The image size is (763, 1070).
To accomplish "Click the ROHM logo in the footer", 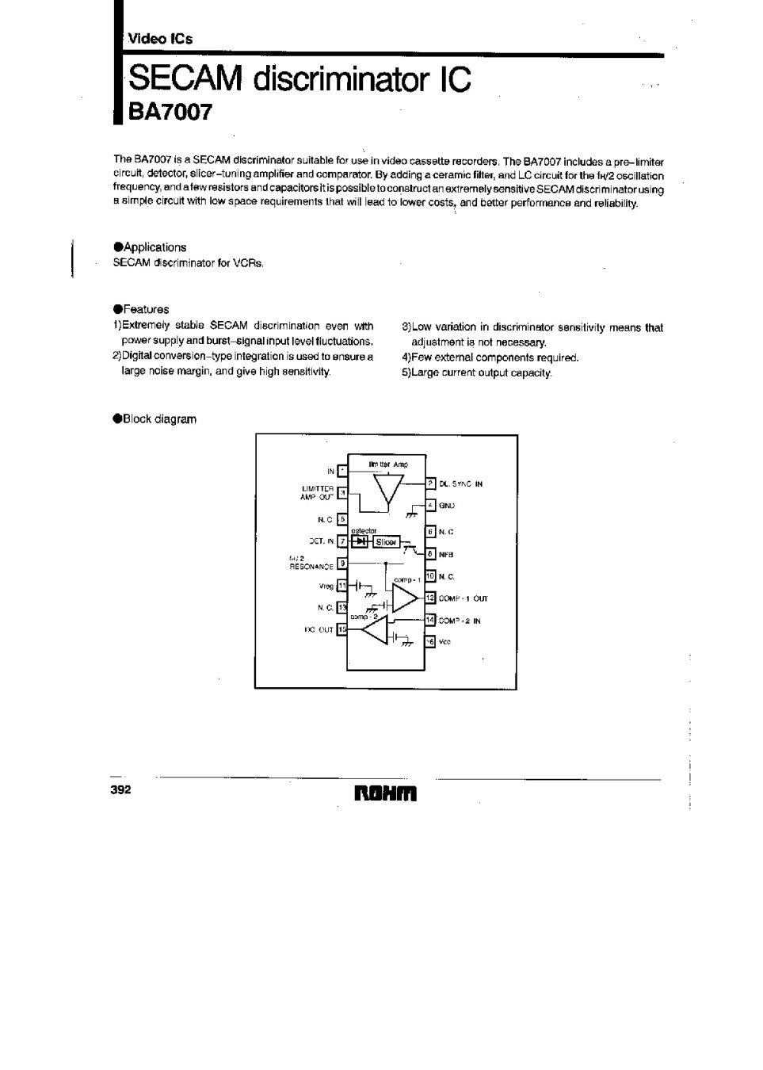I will [x=385, y=793].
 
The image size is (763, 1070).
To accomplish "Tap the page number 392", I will [x=121, y=790].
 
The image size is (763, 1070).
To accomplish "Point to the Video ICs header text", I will [x=161, y=38].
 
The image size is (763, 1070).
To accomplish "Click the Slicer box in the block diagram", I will [x=386, y=542].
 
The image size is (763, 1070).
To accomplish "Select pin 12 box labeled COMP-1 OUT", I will [x=430, y=598].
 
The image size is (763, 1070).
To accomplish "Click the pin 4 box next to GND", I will [x=430, y=505].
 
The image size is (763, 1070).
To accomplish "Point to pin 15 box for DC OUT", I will [x=341, y=629].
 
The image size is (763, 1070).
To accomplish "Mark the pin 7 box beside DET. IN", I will [x=341, y=541].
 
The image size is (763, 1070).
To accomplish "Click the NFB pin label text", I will [x=445, y=555].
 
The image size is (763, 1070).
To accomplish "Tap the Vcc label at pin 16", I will [x=444, y=642].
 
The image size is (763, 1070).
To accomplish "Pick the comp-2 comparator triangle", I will [x=376, y=631].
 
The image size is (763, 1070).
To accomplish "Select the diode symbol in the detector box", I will [x=361, y=541].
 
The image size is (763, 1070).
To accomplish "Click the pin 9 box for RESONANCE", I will [x=341, y=564].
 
